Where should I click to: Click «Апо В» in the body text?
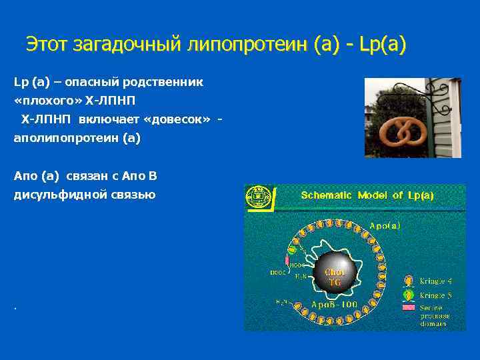pyautogui.click(x=142, y=176)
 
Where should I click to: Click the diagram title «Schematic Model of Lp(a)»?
pyautogui.click(x=367, y=195)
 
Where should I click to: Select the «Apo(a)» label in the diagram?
pyautogui.click(x=385, y=226)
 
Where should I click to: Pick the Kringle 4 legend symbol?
pyautogui.click(x=409, y=281)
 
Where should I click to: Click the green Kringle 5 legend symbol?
pyautogui.click(x=409, y=294)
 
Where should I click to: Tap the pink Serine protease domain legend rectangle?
pyautogui.click(x=408, y=308)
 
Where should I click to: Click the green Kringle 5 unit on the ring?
pyautogui.click(x=292, y=250)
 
